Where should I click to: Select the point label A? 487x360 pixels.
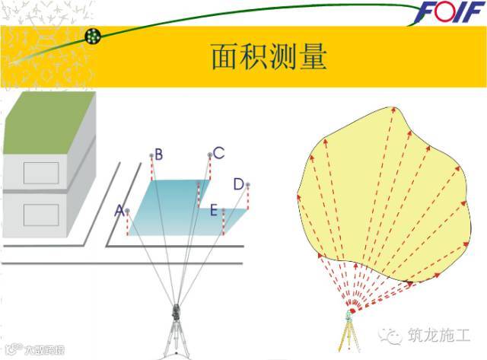[x=118, y=210]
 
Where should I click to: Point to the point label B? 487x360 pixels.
[x=158, y=155]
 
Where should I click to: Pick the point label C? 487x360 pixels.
[x=218, y=154]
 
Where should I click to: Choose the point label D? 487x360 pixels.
[x=238, y=184]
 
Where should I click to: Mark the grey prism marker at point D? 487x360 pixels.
[x=247, y=184]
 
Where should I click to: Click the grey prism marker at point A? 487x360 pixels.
[x=127, y=211]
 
